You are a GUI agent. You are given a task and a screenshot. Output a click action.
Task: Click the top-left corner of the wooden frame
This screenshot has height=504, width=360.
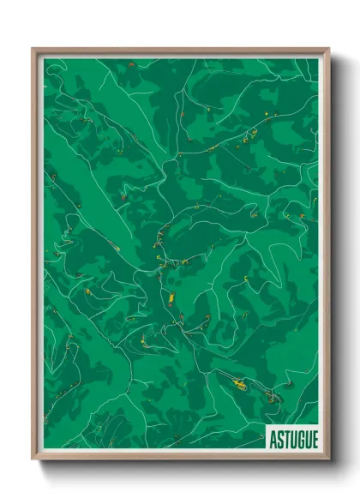point(33,49)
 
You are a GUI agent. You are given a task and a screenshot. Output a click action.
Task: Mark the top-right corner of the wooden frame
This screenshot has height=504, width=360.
point(328,49)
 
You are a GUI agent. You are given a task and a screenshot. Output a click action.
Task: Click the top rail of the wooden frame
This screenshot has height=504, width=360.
point(180,50)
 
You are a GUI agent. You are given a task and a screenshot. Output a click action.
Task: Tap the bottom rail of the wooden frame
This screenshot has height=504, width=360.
point(180,459)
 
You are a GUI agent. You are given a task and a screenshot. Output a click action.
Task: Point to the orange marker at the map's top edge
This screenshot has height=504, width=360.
point(130,64)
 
